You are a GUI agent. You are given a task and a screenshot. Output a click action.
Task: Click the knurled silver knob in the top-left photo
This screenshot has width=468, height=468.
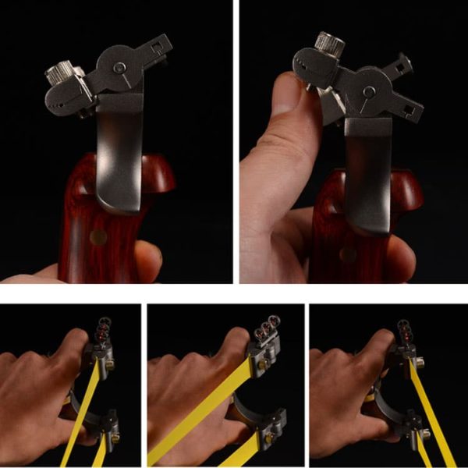tap(61, 76)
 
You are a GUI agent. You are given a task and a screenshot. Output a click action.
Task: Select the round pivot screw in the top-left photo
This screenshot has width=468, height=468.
tap(119, 69)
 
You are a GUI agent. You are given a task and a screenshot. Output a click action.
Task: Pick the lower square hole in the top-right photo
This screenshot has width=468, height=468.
tap(408, 108)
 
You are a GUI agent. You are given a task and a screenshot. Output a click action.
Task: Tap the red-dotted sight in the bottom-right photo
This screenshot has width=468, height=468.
tap(404, 328)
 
